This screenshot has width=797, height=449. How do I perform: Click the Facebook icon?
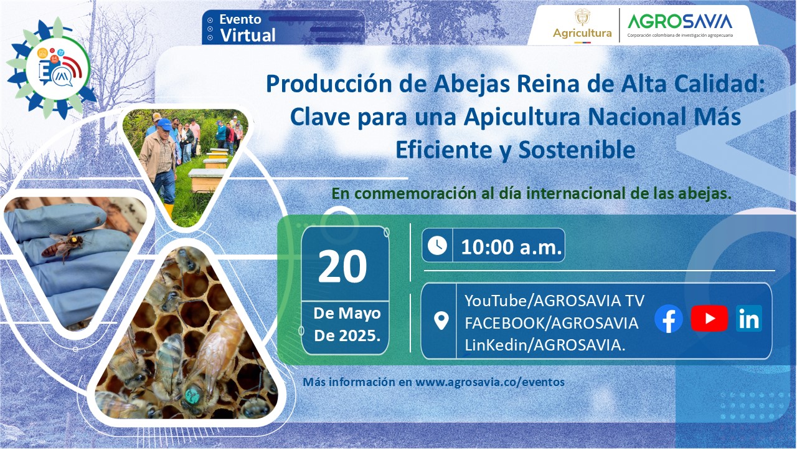coord(669,319)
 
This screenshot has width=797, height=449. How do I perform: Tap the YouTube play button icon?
coord(709,319)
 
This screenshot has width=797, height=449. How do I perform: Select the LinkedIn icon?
coord(748,319)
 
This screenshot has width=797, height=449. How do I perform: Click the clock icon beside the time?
coord(437,245)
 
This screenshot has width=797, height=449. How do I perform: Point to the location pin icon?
coord(441,321)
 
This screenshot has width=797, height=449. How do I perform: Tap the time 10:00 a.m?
coord(512,247)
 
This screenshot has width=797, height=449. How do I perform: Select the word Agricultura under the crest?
coord(582,33)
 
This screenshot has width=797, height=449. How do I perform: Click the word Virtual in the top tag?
coord(247,36)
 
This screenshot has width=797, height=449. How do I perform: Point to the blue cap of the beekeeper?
coord(164,123)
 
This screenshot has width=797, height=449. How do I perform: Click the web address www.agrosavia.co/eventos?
coord(490,382)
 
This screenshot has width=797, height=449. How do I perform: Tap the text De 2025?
coord(347,336)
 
